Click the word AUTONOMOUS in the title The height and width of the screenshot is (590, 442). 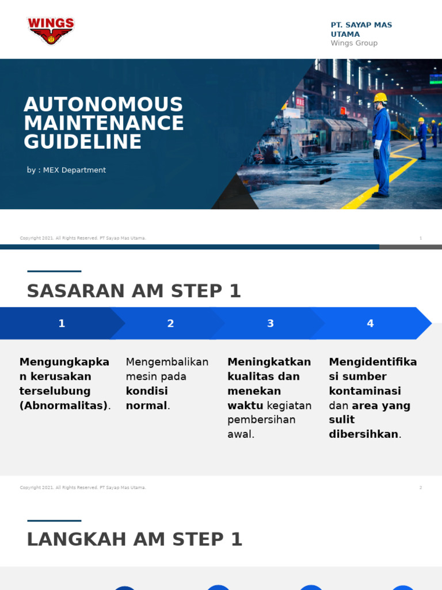point(104,105)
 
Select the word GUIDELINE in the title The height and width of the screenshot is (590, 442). point(83,142)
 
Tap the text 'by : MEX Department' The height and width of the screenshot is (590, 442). point(66,170)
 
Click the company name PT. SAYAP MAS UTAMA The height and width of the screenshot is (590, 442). point(361,29)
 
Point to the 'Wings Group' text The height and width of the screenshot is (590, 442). point(354,43)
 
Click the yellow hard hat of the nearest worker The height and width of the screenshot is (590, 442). point(380,97)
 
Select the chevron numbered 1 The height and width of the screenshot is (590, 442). point(62,323)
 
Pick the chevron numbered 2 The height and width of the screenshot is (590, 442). point(170,323)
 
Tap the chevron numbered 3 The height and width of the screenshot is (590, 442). point(270,323)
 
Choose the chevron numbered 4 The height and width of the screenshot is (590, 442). point(370,323)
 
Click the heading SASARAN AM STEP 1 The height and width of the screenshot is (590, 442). point(134,292)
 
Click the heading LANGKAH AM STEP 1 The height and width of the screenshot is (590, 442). point(135,539)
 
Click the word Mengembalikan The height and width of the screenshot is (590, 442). point(167,362)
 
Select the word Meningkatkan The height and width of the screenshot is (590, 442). point(269,362)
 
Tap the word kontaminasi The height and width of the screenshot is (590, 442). point(365,391)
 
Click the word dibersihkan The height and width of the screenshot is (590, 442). point(363,434)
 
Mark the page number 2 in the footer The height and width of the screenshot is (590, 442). point(421,487)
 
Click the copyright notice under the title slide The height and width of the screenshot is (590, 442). point(83,238)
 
